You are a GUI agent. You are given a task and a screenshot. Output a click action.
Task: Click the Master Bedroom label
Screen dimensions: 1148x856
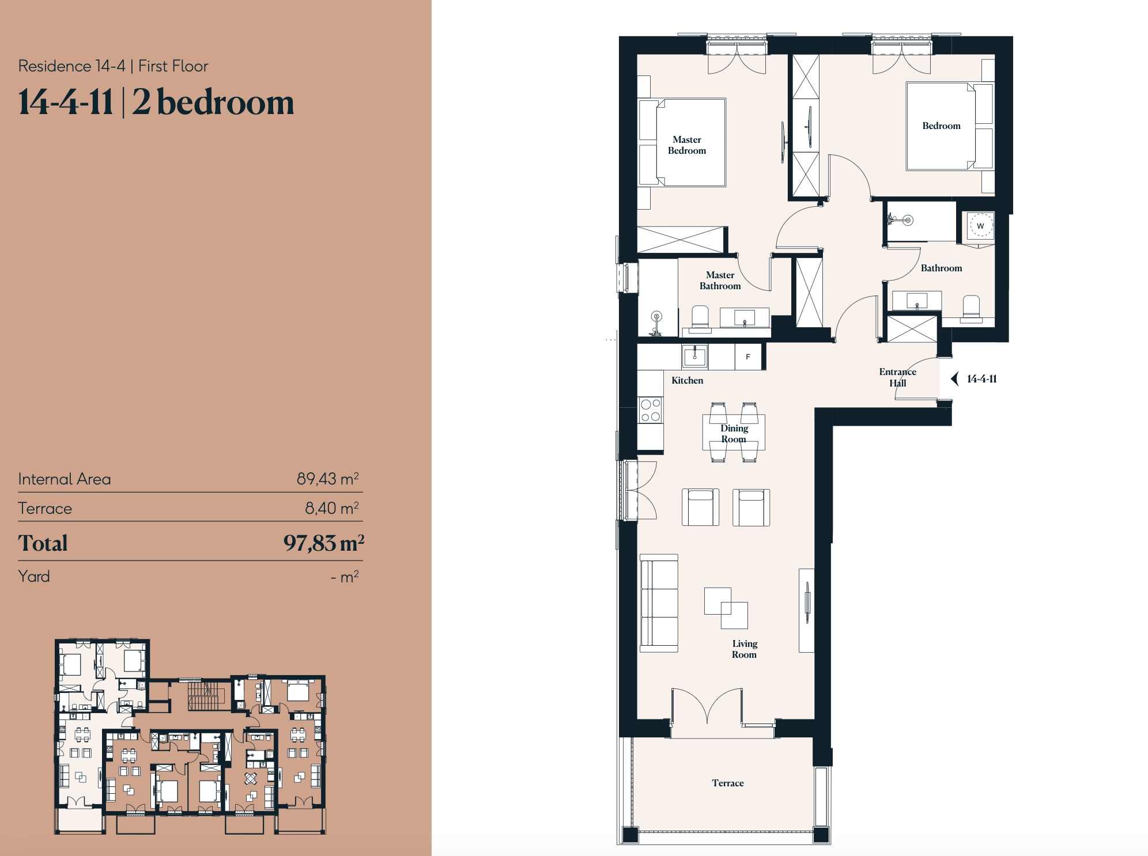point(687,145)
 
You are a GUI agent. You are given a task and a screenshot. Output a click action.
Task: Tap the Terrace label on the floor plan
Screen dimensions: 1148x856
point(728,783)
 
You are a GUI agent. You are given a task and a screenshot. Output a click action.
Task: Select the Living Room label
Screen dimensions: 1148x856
point(745,649)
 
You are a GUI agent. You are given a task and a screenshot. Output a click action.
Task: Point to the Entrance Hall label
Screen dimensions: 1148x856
point(897,377)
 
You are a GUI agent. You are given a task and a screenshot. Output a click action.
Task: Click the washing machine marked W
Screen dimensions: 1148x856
point(980,225)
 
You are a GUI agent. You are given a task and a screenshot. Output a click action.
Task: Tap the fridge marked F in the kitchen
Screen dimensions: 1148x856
point(748,357)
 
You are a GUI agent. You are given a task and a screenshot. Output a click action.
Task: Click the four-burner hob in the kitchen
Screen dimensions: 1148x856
point(651,410)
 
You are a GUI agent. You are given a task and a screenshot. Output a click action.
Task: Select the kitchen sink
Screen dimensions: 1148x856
point(695,357)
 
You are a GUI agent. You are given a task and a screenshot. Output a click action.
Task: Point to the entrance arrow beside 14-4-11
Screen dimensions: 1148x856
point(954,378)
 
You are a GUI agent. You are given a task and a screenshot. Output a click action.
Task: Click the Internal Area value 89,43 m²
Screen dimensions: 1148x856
point(328,479)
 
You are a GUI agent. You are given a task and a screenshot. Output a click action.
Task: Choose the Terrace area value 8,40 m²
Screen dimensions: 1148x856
point(332,508)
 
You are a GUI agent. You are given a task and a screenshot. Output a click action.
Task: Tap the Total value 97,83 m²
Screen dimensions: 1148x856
point(324,543)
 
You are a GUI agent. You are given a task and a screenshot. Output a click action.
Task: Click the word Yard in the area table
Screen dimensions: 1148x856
point(34,576)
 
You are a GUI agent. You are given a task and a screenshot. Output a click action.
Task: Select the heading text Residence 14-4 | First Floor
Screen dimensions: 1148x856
point(113,66)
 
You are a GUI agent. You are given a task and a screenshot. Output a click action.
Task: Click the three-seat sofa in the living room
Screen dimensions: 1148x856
point(659,603)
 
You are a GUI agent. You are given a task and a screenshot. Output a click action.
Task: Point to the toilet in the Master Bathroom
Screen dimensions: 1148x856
point(700,319)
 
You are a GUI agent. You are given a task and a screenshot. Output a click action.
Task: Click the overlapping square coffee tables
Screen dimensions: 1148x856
point(726,608)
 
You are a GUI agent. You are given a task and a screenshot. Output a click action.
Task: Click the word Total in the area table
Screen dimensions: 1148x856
point(43,543)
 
